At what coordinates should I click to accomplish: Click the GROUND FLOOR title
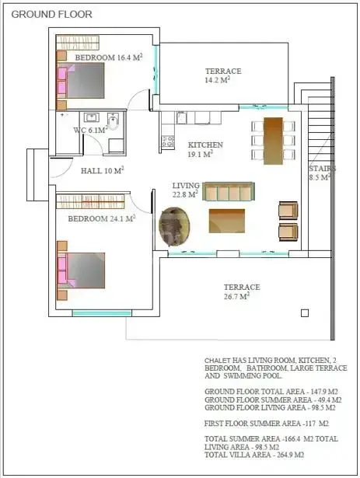pyautogui.click(x=51, y=14)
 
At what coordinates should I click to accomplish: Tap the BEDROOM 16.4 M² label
pyautogui.click(x=109, y=58)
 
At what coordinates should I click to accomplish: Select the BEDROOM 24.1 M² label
pyautogui.click(x=102, y=218)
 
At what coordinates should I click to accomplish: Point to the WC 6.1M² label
pyautogui.click(x=91, y=130)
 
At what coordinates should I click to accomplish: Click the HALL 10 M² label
pyautogui.click(x=102, y=170)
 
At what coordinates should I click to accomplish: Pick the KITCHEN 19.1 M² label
pyautogui.click(x=205, y=149)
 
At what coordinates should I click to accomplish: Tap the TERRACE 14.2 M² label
pyautogui.click(x=223, y=75)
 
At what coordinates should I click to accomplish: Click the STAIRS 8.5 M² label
pyautogui.click(x=322, y=173)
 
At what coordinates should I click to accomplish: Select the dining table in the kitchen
pyautogui.click(x=273, y=141)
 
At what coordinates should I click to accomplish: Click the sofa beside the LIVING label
pyautogui.click(x=229, y=191)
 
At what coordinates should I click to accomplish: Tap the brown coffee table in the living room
pyautogui.click(x=227, y=221)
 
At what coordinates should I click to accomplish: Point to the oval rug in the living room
pyautogui.click(x=174, y=226)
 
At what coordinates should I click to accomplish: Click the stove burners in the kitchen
pyautogui.click(x=168, y=141)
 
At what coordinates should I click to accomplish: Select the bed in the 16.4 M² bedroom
pyautogui.click(x=81, y=81)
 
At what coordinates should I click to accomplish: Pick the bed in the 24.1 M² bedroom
pyautogui.click(x=81, y=270)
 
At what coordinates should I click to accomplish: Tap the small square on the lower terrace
pyautogui.click(x=305, y=313)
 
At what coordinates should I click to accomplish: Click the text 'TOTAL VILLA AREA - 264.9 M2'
pyautogui.click(x=254, y=455)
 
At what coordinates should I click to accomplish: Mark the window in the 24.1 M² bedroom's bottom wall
pyautogui.click(x=102, y=313)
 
